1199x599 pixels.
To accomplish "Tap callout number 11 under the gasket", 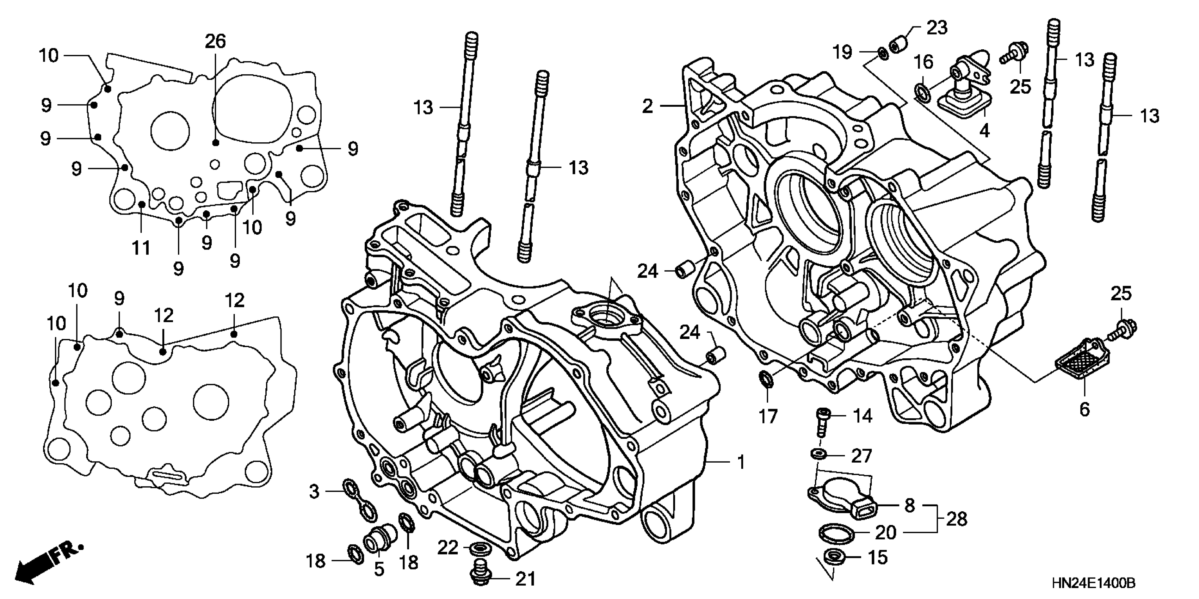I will pos(141,248).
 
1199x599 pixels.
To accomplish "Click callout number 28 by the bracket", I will pos(957,519).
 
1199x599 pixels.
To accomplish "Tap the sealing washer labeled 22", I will pos(478,548).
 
